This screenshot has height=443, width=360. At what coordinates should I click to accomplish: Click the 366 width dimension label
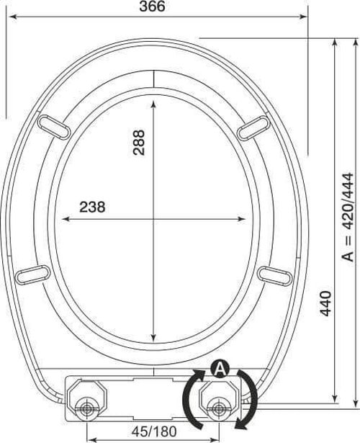[153, 6]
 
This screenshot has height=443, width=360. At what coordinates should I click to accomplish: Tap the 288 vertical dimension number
[139, 143]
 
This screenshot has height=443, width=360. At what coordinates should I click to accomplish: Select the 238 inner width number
[92, 207]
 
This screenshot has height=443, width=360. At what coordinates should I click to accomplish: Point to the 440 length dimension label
[325, 303]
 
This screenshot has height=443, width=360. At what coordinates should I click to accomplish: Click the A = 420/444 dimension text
[347, 217]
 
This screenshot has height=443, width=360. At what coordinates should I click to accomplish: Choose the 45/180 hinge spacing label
[154, 431]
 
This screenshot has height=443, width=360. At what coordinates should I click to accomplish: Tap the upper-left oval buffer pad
[54, 127]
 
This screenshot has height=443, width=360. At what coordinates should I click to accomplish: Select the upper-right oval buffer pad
[253, 128]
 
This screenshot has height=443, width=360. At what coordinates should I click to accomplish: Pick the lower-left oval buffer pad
[32, 274]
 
